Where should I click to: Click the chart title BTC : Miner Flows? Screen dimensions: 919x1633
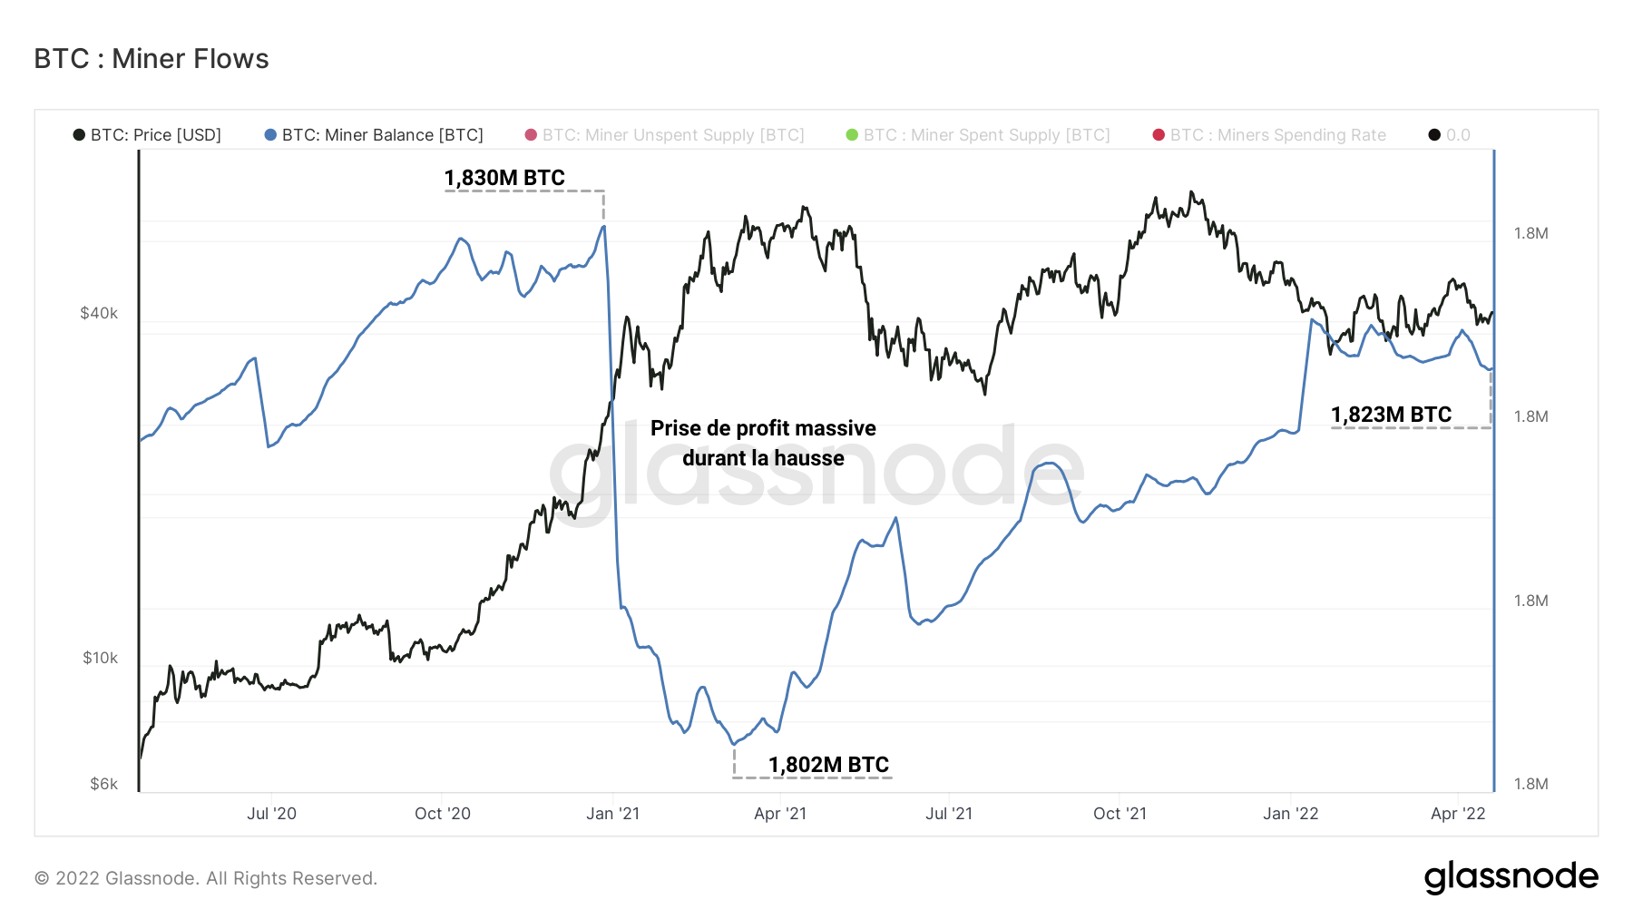pos(152,59)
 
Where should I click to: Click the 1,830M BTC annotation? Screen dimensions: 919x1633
pos(504,178)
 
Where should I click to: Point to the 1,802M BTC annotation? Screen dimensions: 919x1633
pos(828,765)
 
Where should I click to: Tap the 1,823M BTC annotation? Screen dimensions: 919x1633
pos(1391,415)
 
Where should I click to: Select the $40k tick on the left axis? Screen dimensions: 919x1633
pos(99,313)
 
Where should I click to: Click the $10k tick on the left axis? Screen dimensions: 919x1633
pos(100,658)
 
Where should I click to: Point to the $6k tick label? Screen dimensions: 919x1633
pos(103,784)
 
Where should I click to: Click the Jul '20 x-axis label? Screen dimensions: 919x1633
pos(271,814)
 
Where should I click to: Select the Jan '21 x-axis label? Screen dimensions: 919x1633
pos(612,814)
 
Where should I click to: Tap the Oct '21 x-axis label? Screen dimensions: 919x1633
pos(1120,814)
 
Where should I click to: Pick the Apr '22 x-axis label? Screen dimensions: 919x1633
pos(1458,814)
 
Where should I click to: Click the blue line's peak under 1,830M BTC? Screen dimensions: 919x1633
pos(603,226)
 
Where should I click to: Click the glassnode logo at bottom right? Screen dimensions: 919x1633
pos(1511,877)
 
